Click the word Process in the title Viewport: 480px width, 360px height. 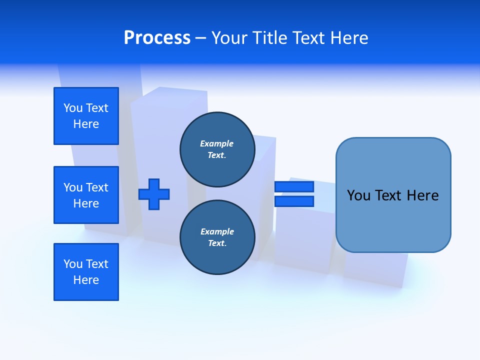tap(157, 37)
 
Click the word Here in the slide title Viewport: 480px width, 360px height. tap(348, 38)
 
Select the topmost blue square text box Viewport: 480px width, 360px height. tap(86, 116)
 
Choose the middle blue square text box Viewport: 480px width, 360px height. tap(86, 195)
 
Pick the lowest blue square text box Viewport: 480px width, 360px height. tap(86, 272)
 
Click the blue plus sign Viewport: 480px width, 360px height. tap(154, 194)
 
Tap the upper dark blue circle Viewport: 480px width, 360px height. tap(217, 149)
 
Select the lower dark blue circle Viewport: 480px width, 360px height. tap(217, 237)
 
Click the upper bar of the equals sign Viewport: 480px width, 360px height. tap(294, 186)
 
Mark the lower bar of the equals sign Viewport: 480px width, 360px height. tap(294, 201)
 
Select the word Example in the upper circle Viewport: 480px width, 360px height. tap(217, 143)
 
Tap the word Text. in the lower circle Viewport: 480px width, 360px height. tap(217, 243)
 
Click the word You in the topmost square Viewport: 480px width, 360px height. tap(72, 108)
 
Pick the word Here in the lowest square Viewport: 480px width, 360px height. tap(86, 280)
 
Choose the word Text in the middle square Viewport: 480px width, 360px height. tap(97, 187)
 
